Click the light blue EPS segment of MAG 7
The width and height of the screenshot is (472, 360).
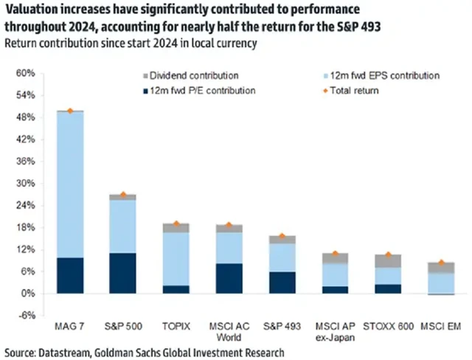click(70, 184)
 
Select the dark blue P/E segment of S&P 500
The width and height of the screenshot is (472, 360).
click(123, 273)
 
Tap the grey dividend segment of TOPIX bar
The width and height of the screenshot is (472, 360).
click(176, 228)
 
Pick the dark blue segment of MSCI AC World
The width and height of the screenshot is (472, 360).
click(229, 278)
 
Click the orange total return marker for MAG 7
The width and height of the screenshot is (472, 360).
click(70, 111)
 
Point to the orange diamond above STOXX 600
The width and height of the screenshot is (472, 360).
click(389, 255)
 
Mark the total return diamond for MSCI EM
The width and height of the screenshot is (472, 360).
click(442, 263)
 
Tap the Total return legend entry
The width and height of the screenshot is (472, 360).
click(353, 91)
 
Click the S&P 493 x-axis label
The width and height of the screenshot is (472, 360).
click(282, 325)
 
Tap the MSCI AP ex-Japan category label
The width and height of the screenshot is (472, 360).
click(336, 330)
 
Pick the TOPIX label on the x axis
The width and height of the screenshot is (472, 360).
click(176, 325)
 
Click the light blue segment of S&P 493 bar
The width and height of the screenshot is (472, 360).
click(282, 257)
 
